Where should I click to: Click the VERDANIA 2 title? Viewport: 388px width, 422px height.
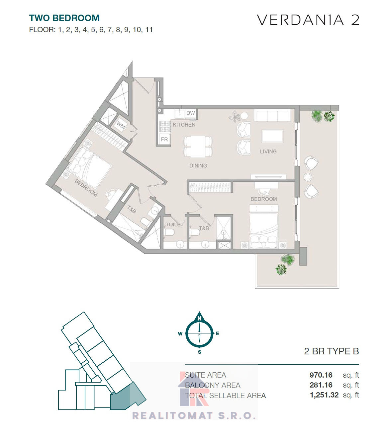[308, 20]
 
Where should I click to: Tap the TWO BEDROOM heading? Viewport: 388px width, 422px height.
[64, 18]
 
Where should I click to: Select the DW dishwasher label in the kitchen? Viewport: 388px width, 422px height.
[191, 113]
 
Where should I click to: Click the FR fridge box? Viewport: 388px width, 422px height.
[164, 139]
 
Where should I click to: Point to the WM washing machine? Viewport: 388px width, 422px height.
[121, 125]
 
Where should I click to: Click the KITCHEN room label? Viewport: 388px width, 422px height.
[184, 125]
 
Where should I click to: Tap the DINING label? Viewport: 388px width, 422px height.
[198, 165]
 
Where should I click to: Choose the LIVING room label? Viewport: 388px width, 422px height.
[268, 151]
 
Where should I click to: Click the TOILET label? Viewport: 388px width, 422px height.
[174, 224]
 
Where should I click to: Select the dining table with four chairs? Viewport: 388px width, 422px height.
[198, 147]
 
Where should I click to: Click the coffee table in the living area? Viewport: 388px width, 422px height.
[272, 136]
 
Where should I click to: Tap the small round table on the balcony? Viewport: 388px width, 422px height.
[308, 177]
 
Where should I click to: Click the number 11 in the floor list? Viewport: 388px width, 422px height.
[149, 30]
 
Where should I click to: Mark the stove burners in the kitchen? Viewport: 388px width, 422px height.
[165, 126]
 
